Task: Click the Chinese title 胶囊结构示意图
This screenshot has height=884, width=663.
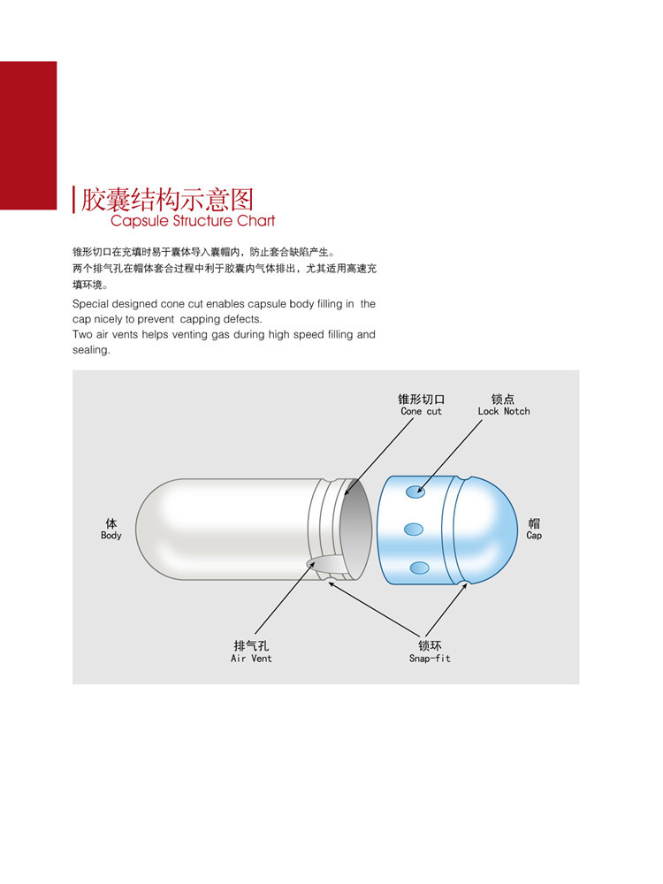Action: click(x=167, y=199)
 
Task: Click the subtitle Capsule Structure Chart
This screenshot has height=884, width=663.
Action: click(x=193, y=220)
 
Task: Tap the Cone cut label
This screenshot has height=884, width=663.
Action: click(x=421, y=412)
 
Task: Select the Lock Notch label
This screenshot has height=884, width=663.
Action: click(x=504, y=412)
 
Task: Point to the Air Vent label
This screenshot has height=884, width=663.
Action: click(x=251, y=659)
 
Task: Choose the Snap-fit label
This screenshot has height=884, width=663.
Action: click(x=430, y=659)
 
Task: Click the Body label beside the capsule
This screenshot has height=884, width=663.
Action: click(x=111, y=536)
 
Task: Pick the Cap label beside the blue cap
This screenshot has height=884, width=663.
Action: click(x=534, y=536)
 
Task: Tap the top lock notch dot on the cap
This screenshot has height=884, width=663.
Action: click(x=415, y=492)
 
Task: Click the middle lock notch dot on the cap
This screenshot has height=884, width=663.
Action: click(x=414, y=530)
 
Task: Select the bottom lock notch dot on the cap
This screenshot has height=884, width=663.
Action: click(x=419, y=568)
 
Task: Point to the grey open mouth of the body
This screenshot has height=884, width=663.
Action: click(x=357, y=529)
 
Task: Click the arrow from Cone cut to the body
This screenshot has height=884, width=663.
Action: click(x=379, y=456)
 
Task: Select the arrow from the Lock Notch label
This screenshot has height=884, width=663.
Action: click(x=450, y=457)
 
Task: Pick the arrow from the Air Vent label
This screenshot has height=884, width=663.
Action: click(x=286, y=598)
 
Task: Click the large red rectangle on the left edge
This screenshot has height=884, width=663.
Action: click(x=28, y=135)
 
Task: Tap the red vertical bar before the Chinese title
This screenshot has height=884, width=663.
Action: click(x=74, y=200)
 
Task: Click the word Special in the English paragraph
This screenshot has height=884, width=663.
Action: click(x=90, y=304)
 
